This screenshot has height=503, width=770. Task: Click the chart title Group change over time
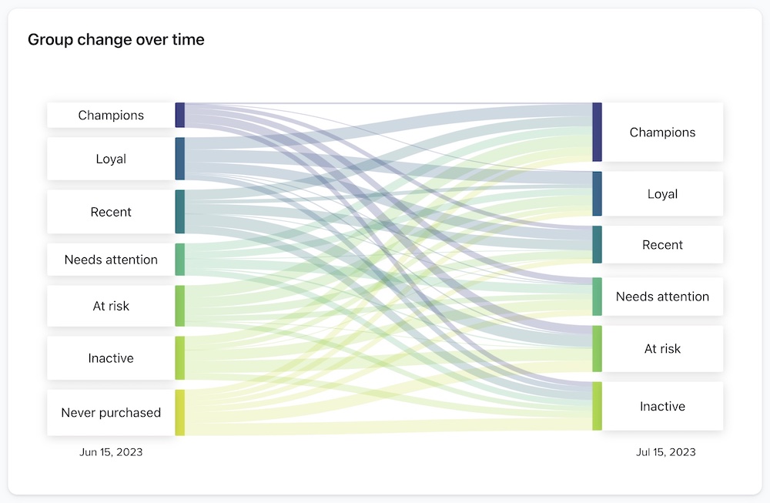(116, 39)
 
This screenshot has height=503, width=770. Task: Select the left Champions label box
(111, 116)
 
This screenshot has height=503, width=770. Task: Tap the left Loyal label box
(111, 159)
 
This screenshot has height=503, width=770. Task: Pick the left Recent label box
(111, 212)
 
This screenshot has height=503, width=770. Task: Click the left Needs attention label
(111, 260)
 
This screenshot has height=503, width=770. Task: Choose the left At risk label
(111, 306)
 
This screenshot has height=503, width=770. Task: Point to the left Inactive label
(111, 358)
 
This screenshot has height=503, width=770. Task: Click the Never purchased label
(111, 413)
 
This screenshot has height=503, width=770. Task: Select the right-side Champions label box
(662, 132)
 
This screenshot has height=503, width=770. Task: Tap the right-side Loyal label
(662, 194)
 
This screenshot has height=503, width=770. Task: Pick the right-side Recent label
(662, 245)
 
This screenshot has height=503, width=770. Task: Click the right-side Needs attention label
(662, 297)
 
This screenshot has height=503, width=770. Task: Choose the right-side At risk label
(662, 349)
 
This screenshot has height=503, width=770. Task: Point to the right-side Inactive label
(662, 406)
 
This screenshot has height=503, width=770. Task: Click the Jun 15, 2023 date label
(111, 452)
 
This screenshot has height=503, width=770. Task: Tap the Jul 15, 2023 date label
(666, 452)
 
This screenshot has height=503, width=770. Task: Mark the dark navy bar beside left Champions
(180, 115)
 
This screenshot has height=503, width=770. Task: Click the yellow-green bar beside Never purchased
(180, 413)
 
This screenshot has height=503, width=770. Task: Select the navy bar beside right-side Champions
(597, 132)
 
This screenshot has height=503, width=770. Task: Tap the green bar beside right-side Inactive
(597, 406)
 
